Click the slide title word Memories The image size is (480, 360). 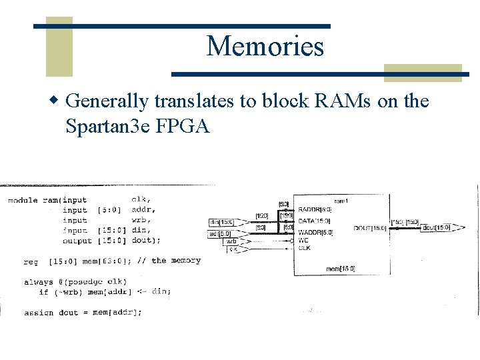[265, 47]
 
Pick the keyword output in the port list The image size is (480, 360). [77, 240]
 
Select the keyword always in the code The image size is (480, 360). [39, 281]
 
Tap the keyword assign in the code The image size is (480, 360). [39, 312]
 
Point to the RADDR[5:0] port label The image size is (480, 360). [315, 209]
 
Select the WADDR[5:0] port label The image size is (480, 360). [315, 233]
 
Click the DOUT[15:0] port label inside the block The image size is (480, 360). [371, 228]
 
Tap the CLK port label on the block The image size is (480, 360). [304, 248]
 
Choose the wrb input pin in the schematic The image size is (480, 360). [231, 241]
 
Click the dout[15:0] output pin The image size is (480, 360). [437, 228]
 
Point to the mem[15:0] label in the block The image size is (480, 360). [341, 269]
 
